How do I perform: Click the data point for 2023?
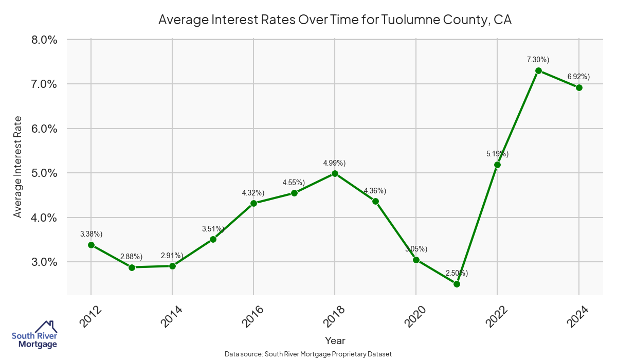538,70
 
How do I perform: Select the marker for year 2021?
457,284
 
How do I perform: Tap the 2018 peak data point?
335,173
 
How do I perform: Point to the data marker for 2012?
91,245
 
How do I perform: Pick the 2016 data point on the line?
253,203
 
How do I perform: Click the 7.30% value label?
538,60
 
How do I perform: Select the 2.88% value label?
131,256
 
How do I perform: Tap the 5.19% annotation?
497,153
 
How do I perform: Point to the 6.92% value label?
578,77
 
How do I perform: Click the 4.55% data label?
294,183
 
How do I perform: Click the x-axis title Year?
335,340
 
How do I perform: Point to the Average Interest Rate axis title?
18,166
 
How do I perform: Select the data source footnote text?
308,354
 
